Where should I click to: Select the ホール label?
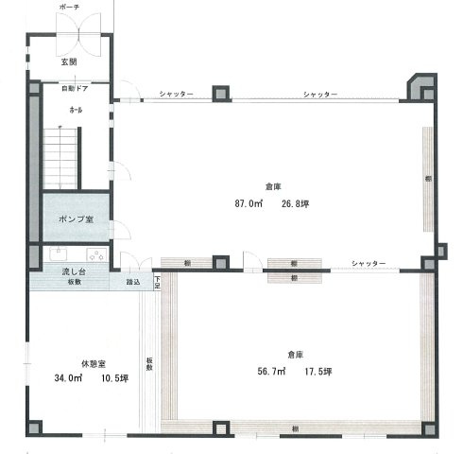(75, 111)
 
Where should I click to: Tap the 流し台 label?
(72, 271)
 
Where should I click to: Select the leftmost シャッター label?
(177, 95)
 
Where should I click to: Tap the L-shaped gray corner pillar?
(419, 87)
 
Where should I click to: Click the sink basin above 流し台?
(94, 253)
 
